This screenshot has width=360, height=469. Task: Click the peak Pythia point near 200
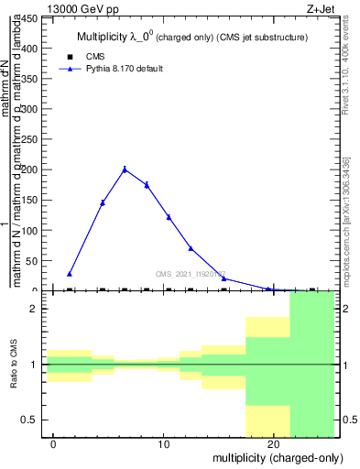click(x=125, y=169)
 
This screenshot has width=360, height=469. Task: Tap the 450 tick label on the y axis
click(x=30, y=16)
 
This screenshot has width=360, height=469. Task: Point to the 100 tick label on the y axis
click(x=30, y=230)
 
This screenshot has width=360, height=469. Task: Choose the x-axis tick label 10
click(x=164, y=444)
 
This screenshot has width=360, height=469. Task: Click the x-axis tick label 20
click(x=274, y=444)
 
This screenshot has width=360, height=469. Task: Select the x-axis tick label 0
click(x=54, y=444)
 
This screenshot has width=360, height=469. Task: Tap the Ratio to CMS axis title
click(x=15, y=365)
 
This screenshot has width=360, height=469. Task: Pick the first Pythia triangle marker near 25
click(x=70, y=274)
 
